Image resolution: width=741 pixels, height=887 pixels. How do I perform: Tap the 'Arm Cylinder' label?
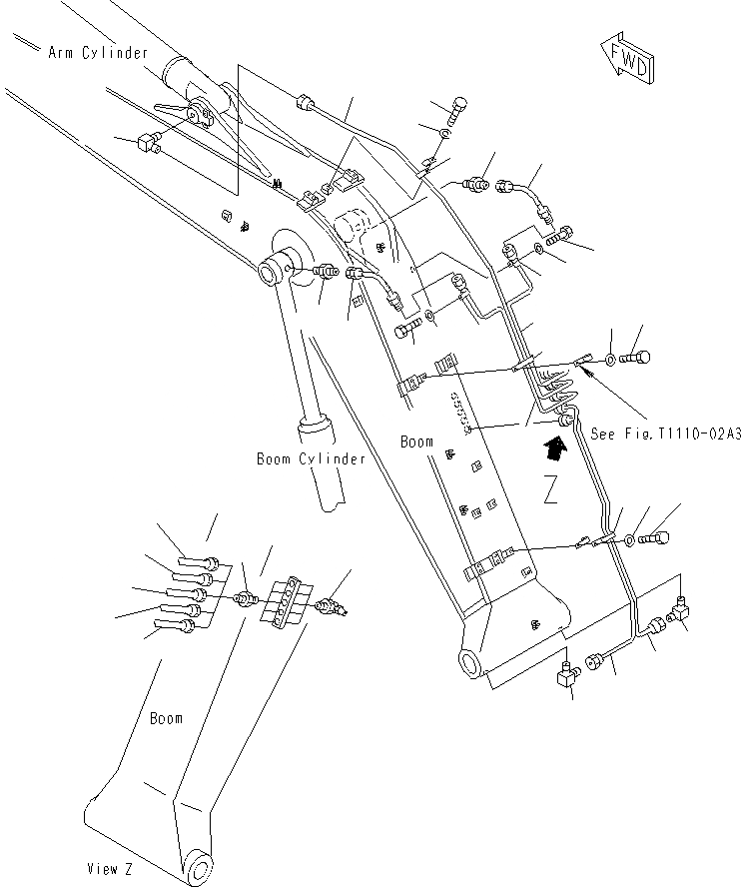click(x=98, y=52)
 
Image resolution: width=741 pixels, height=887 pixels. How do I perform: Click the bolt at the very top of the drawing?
click(x=458, y=107)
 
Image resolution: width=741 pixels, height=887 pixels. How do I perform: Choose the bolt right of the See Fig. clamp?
click(x=636, y=356)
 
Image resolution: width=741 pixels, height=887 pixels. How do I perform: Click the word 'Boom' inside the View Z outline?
click(x=166, y=718)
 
